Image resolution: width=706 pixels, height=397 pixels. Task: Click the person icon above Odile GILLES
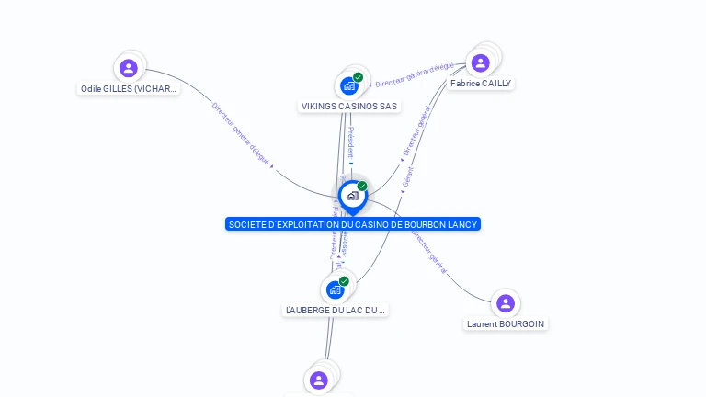pyautogui.click(x=129, y=67)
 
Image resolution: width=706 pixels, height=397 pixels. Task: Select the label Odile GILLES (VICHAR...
pyautogui.click(x=129, y=89)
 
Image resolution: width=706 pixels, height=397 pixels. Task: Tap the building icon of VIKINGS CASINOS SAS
pyautogui.click(x=348, y=86)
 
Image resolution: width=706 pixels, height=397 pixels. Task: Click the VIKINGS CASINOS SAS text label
pyautogui.click(x=349, y=107)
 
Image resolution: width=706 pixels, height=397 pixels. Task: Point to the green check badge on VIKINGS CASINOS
pyautogui.click(x=358, y=77)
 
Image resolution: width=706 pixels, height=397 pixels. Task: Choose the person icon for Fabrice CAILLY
pyautogui.click(x=479, y=62)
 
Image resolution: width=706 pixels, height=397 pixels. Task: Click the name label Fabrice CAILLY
pyautogui.click(x=481, y=84)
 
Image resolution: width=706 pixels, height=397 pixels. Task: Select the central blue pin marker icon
pyautogui.click(x=352, y=196)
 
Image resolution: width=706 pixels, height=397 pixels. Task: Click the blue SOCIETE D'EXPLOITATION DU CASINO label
pyautogui.click(x=353, y=224)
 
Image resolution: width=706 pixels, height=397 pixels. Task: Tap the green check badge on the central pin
pyautogui.click(x=362, y=186)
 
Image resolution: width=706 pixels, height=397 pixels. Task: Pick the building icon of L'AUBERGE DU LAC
pyautogui.click(x=335, y=289)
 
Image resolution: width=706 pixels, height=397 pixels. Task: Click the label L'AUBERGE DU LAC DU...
pyautogui.click(x=335, y=311)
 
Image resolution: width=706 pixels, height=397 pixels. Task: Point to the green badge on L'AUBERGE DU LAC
pyautogui.click(x=344, y=281)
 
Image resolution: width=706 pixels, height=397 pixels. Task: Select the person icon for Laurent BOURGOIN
pyautogui.click(x=505, y=303)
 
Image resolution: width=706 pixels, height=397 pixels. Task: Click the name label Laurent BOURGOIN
pyautogui.click(x=506, y=324)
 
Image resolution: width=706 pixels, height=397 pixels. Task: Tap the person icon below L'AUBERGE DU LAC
pyautogui.click(x=319, y=380)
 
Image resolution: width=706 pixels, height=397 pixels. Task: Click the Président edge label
pyautogui.click(x=350, y=143)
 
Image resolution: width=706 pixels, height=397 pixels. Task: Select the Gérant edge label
pyautogui.click(x=408, y=176)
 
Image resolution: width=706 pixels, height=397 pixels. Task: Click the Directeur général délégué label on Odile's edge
pyautogui.click(x=241, y=133)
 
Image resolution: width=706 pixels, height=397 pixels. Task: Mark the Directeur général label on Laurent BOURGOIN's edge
pyautogui.click(x=428, y=252)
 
